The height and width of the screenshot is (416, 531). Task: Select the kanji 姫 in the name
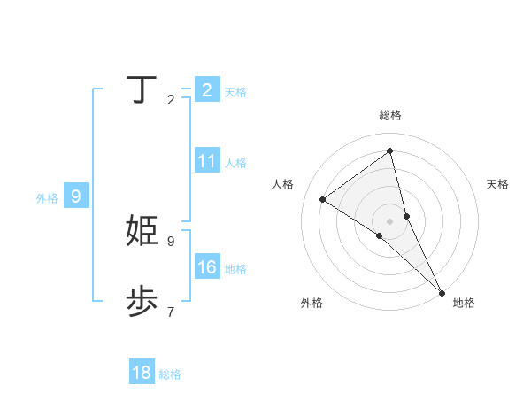coord(142,231)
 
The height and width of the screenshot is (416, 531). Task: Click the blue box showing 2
coord(207,90)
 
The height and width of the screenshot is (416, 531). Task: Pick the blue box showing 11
coord(207,161)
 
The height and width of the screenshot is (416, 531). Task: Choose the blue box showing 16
coord(207,267)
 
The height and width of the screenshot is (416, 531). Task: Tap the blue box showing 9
coord(76,196)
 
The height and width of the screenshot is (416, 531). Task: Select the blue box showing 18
coord(142,373)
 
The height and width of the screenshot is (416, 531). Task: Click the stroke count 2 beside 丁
coord(171,100)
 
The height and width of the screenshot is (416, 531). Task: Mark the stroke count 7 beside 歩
coord(171,312)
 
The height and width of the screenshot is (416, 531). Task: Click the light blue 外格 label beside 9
coord(47,198)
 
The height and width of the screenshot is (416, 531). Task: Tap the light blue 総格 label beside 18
coord(170,374)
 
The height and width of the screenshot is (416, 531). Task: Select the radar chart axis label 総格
coord(390,115)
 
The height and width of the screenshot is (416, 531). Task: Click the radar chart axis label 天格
coord(498,184)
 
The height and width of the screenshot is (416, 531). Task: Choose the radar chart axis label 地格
coord(464,303)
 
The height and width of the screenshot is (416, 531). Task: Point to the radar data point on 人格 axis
coord(323,199)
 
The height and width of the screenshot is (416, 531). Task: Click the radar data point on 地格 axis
coord(442,292)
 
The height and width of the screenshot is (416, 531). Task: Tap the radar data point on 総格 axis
coord(390,151)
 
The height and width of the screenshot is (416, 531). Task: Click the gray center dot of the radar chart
coord(390,220)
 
